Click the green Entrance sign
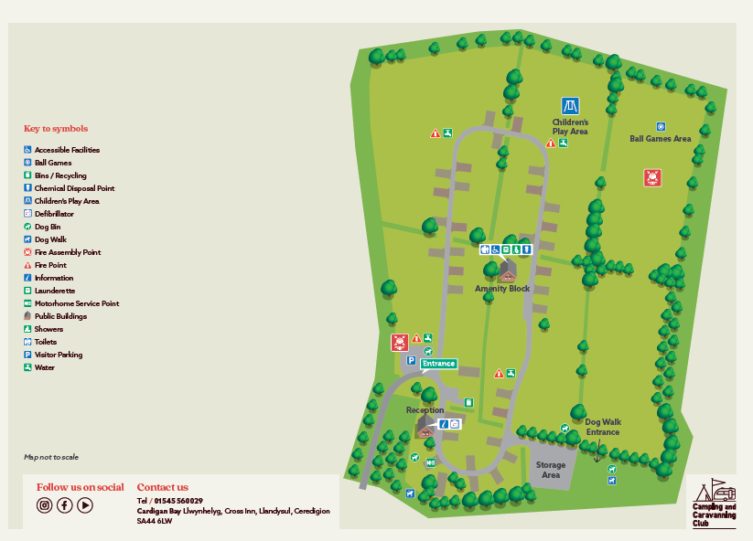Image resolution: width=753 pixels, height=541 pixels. (x=438, y=364)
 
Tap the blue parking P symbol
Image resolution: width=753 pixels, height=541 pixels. (x=411, y=361)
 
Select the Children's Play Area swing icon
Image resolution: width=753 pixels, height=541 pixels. (x=570, y=106)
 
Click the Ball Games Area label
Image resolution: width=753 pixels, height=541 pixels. (x=660, y=139)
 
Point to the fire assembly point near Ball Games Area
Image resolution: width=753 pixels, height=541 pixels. (x=651, y=177)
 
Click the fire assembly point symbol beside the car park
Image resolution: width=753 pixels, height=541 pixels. (x=399, y=343)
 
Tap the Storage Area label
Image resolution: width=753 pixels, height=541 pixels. (x=550, y=470)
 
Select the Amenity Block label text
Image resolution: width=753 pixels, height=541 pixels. (x=502, y=289)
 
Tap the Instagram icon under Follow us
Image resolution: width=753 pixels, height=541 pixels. (x=44, y=504)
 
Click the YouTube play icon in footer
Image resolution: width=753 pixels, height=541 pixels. (x=85, y=504)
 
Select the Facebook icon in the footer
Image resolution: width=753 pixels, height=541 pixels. (x=65, y=504)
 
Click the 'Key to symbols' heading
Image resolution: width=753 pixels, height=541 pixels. (x=56, y=129)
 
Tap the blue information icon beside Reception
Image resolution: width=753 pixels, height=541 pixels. (x=444, y=424)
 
